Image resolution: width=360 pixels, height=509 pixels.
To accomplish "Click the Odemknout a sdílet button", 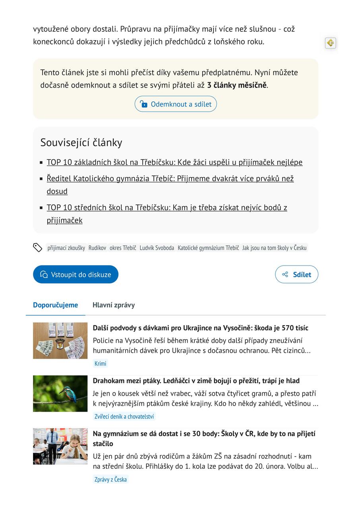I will pos(176,104).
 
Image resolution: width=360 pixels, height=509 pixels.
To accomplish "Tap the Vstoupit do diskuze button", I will pos(75,274).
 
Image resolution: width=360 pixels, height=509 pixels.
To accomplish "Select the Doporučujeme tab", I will pos(55,305).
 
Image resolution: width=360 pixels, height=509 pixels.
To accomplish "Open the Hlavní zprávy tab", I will pos(114,305).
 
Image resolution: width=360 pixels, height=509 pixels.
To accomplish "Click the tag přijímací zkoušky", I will pos(66,248).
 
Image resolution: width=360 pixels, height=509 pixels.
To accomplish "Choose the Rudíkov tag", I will pos(97,248).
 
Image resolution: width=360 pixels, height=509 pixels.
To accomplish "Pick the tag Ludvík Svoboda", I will pos(157,248).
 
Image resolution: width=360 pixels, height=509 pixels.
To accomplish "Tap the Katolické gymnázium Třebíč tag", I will pos(208,248).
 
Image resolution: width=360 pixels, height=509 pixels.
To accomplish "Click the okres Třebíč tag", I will pos(123,248).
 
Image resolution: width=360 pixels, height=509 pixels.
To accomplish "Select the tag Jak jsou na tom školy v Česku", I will pos(274,248).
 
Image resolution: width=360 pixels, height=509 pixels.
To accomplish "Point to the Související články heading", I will pos(81,142).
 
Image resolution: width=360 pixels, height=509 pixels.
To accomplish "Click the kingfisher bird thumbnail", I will pos(60,393).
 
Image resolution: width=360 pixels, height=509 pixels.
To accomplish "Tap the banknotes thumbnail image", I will pos(60,341).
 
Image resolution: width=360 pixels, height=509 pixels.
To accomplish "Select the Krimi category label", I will pos(100,363).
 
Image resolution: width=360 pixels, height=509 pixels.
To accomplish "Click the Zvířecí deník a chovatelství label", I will pos(124,416).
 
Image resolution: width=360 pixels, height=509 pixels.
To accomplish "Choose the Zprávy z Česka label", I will pos(110,479).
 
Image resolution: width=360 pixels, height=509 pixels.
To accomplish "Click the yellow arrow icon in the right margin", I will pos(330,43).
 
